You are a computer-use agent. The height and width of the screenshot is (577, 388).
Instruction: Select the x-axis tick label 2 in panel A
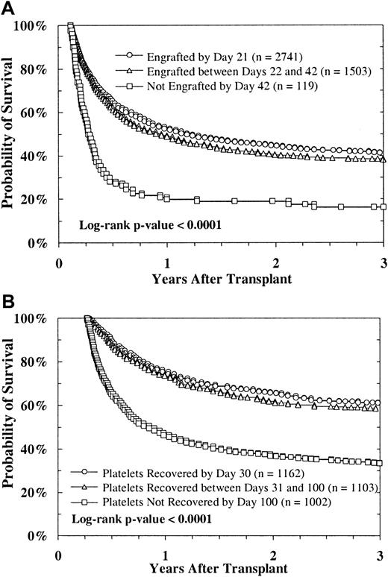276,262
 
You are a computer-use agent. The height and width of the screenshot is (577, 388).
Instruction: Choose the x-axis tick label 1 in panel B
167,555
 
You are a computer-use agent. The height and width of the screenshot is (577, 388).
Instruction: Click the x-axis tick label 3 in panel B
382,555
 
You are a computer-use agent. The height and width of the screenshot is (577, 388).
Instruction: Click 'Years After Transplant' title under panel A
222,281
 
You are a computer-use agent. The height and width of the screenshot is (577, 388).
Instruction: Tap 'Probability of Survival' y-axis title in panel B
10,422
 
